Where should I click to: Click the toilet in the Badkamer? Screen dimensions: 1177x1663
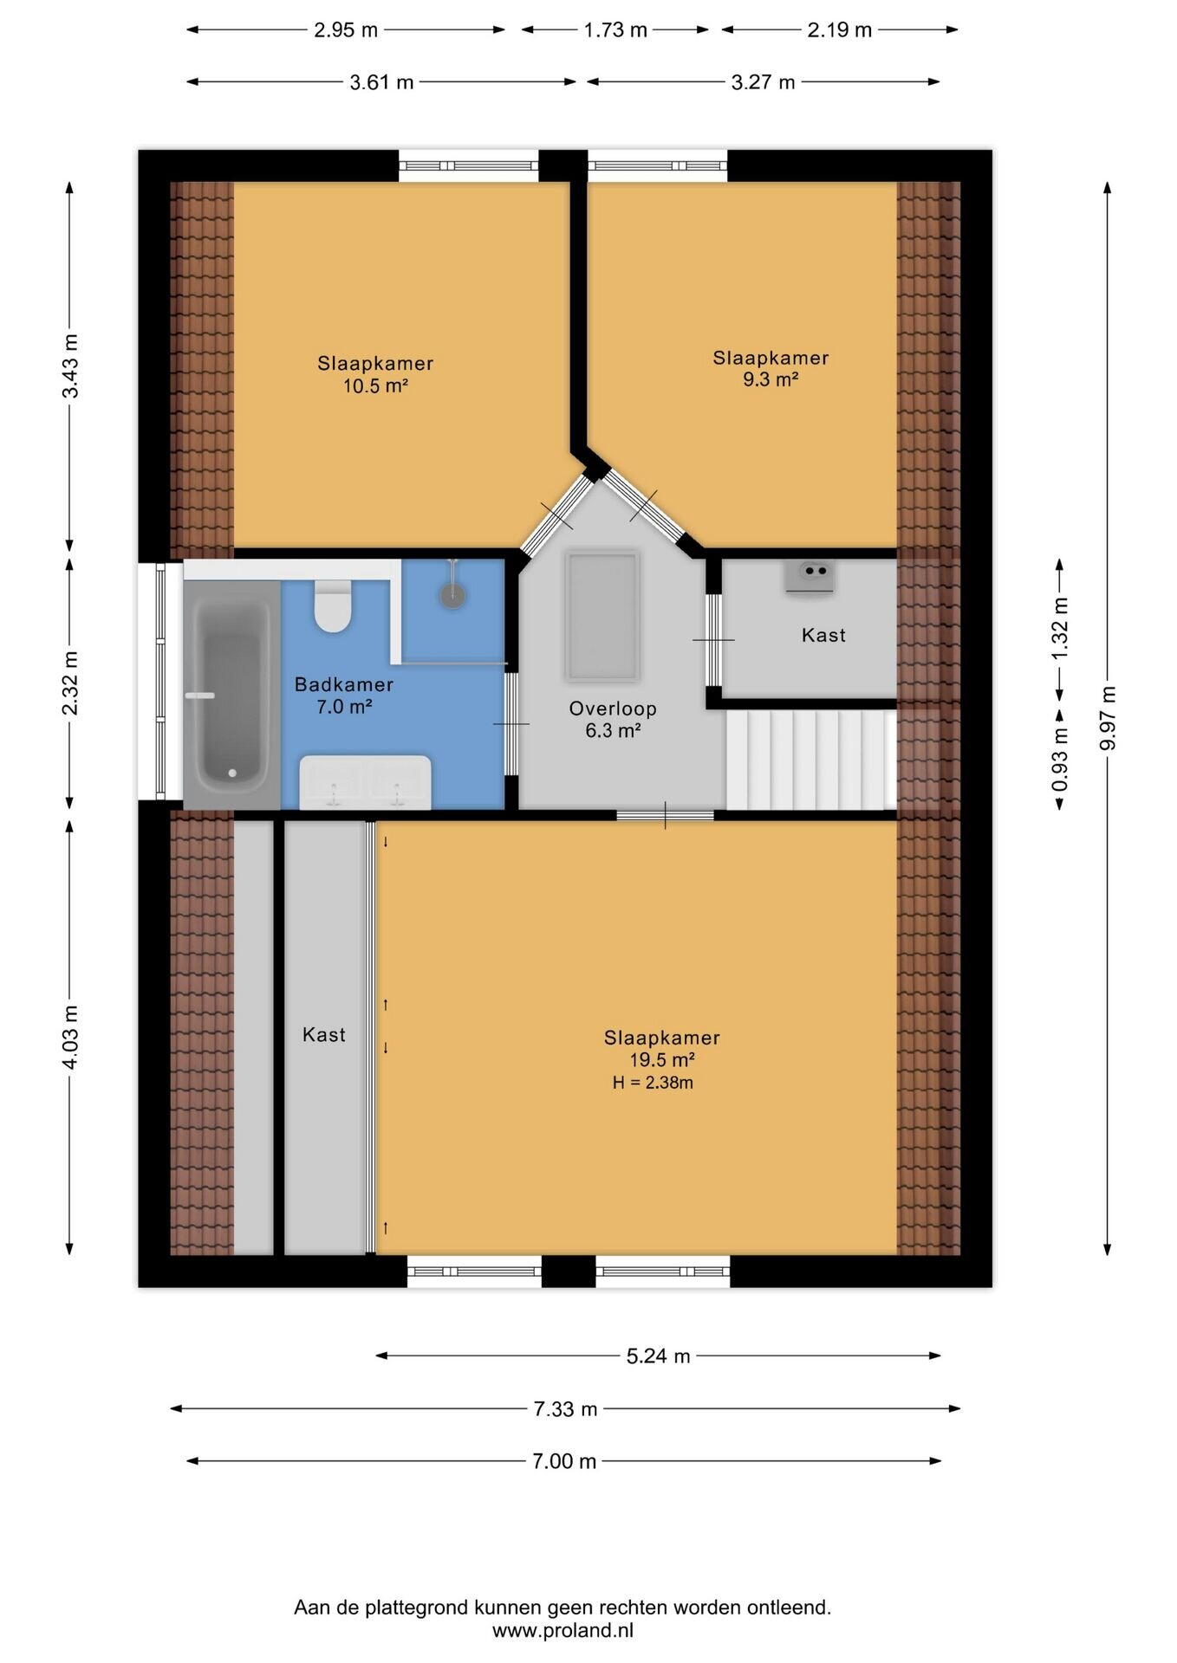tap(332, 605)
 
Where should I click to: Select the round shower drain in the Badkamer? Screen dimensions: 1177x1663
tap(452, 595)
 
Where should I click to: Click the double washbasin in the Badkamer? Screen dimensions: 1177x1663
tap(365, 781)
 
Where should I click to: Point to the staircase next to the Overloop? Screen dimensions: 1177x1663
tap(811, 760)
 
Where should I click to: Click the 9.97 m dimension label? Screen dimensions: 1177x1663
tap(1107, 719)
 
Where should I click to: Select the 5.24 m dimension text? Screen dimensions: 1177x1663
tap(659, 1356)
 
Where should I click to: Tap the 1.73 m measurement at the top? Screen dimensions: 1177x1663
tap(615, 30)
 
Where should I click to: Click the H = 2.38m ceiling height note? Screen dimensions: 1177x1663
tap(653, 1083)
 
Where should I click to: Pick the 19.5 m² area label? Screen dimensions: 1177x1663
tap(662, 1060)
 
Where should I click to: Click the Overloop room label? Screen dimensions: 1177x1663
tap(613, 709)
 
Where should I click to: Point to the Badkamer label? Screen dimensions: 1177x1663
tap(344, 684)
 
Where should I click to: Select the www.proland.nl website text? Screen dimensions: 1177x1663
tap(563, 1630)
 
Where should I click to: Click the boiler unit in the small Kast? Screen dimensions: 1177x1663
tap(810, 576)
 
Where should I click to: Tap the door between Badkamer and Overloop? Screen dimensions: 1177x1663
tap(511, 723)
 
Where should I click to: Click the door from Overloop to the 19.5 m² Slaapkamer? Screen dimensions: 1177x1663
tap(666, 815)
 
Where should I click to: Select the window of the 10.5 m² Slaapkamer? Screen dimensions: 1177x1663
tap(469, 165)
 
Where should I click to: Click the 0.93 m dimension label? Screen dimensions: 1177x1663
tap(1059, 761)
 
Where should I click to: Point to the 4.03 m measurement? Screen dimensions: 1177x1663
tap(70, 1037)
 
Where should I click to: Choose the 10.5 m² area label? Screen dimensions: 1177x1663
tap(375, 386)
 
